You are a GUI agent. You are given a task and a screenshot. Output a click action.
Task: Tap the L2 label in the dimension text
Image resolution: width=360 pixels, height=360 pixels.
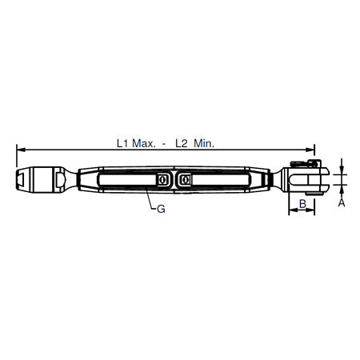[182, 143]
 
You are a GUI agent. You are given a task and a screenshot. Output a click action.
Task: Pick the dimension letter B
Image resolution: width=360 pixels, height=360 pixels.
[302, 205]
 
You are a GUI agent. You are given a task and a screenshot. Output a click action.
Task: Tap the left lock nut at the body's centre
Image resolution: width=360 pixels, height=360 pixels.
[163, 181]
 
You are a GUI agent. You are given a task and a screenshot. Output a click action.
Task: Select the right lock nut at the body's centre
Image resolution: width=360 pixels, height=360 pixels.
[185, 181]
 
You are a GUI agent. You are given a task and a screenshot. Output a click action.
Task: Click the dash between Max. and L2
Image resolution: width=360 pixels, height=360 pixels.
[164, 144]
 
